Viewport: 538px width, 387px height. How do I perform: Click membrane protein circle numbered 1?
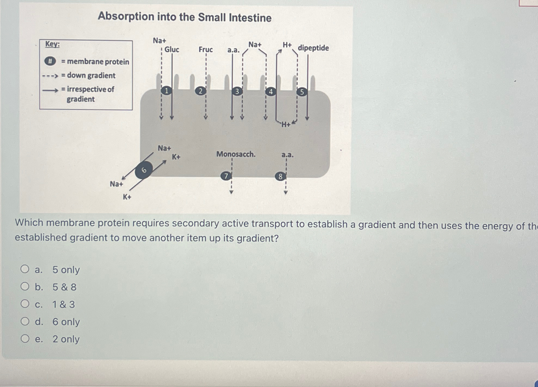[x=167, y=90]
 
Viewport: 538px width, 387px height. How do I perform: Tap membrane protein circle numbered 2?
[x=201, y=91]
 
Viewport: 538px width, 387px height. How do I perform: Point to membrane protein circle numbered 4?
[x=270, y=92]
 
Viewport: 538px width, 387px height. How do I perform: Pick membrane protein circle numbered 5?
[x=302, y=92]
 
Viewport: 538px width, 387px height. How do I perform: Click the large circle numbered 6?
[x=144, y=170]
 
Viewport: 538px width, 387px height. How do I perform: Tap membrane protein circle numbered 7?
[x=226, y=176]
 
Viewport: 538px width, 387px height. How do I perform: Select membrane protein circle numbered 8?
[x=280, y=177]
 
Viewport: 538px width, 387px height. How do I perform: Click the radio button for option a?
[x=25, y=269]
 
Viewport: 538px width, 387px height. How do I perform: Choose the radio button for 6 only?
[x=25, y=321]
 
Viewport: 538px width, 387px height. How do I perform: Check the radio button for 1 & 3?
[x=25, y=304]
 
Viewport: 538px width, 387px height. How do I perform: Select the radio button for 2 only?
[x=25, y=339]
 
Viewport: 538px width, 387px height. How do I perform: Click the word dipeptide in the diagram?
[x=313, y=48]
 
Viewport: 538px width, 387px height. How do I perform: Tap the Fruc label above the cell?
[x=206, y=49]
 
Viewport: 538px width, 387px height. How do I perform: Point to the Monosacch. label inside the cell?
[x=236, y=154]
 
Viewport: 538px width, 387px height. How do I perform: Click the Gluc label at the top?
[x=172, y=49]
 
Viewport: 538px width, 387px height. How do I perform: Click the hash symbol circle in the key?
[x=50, y=61]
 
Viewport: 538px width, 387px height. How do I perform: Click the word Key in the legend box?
[x=52, y=44]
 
